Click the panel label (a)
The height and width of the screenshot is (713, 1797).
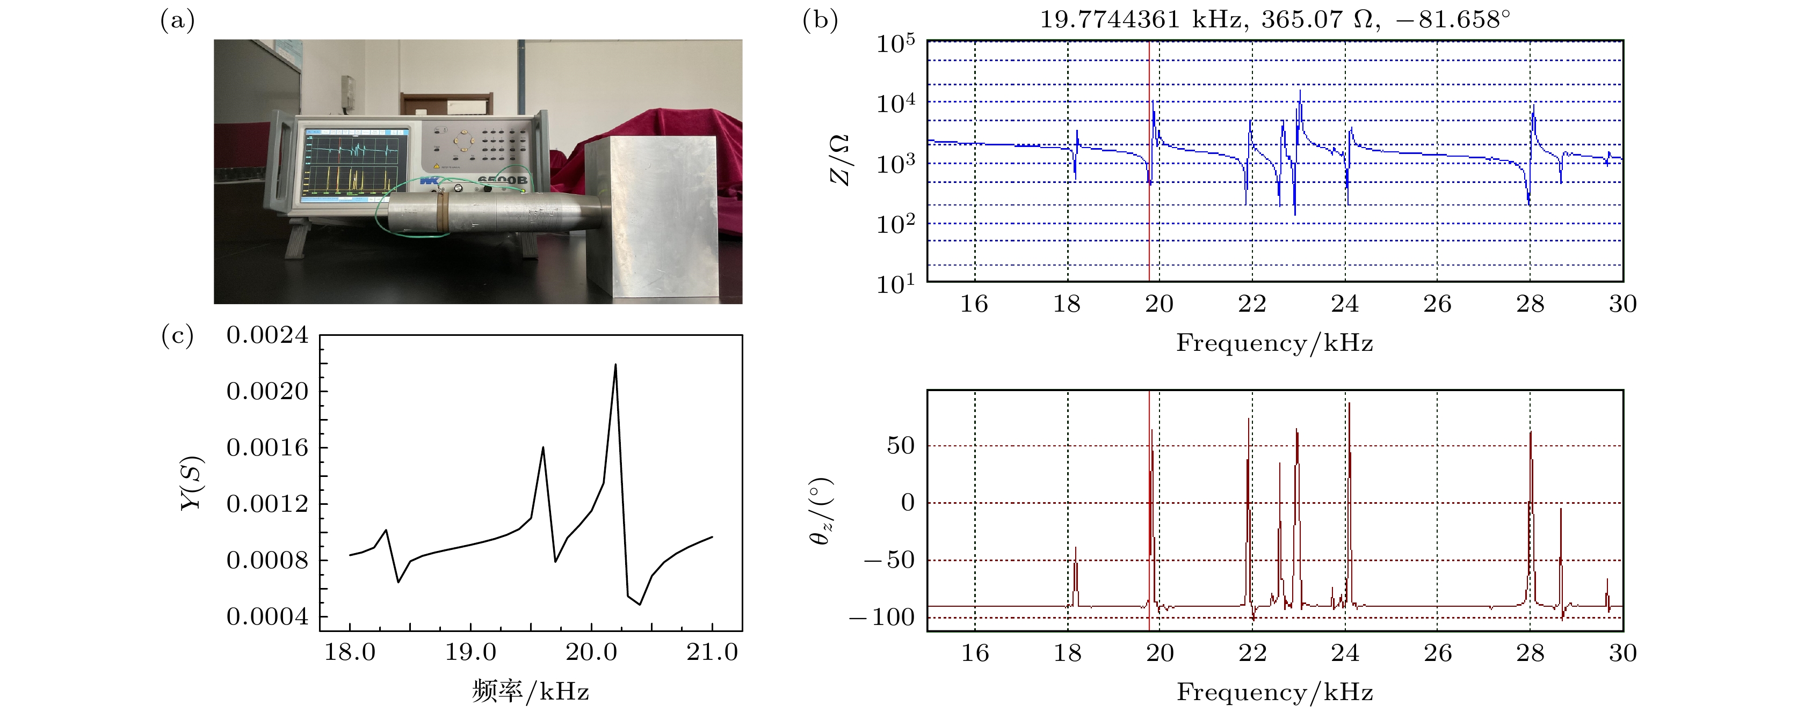point(177,20)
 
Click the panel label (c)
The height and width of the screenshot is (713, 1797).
point(177,335)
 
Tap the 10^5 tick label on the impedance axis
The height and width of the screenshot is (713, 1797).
point(896,44)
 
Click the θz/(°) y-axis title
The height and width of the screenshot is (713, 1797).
point(822,511)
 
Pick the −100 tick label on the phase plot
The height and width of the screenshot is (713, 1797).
point(882,617)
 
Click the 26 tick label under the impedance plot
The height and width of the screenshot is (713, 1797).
point(1437,304)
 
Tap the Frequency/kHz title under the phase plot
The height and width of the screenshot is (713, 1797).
point(1274,692)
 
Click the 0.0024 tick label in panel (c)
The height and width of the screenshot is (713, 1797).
point(267,335)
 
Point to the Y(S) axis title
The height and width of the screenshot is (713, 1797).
point(191,483)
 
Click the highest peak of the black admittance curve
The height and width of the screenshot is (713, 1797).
point(614,364)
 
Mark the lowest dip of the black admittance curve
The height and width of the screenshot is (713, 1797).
point(640,604)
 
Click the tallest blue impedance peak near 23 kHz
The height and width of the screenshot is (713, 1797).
point(1300,91)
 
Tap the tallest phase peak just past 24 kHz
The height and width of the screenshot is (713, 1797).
point(1349,403)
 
